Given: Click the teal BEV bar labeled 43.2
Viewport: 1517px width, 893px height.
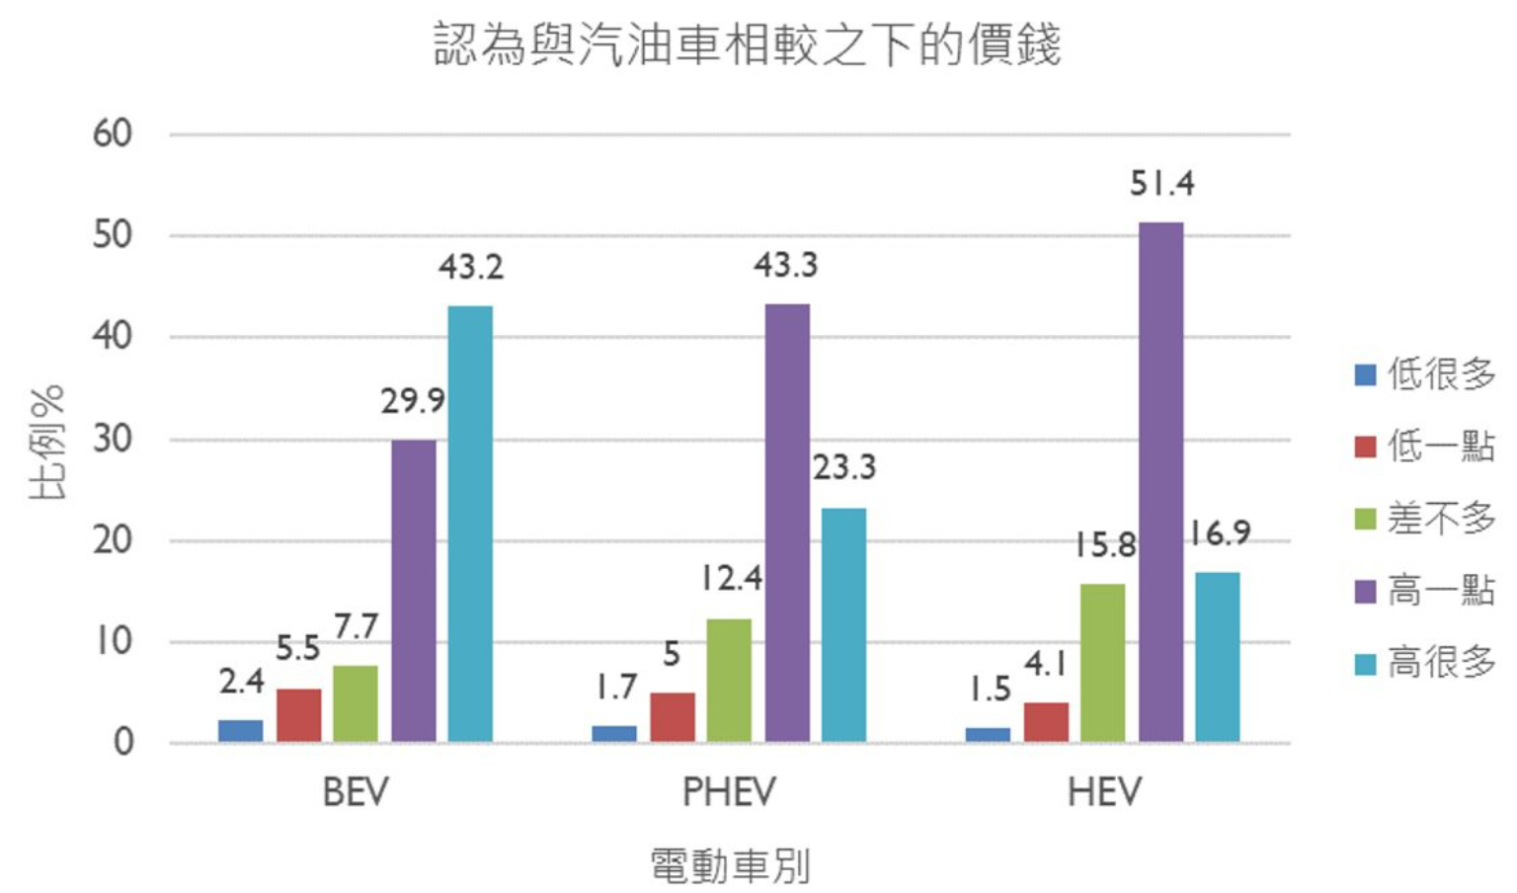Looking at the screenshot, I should tap(470, 524).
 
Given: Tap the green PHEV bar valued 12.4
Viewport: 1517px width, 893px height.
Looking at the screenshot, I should tap(729, 681).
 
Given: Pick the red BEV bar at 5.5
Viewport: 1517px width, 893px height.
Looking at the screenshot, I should tap(298, 715).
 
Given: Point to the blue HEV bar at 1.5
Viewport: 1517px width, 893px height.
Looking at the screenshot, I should tap(988, 735).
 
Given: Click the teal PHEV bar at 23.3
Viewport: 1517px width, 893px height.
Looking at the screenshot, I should tap(843, 624).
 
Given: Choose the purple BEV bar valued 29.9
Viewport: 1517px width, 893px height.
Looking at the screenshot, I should tap(413, 591).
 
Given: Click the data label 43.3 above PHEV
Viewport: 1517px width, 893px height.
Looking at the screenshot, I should tap(785, 265).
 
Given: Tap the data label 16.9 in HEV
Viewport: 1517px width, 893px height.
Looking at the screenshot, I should tap(1219, 533).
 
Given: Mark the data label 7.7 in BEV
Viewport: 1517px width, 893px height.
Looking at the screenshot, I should tap(356, 626).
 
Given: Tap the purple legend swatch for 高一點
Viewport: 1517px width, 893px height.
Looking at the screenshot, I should tap(1365, 591).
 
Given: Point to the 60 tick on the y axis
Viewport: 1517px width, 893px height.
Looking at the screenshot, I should tap(113, 133).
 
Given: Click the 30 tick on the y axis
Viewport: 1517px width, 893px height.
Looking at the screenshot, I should tap(113, 439).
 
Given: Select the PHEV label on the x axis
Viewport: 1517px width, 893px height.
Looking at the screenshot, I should tap(729, 792).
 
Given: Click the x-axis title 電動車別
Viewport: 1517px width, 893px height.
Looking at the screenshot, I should tap(730, 865).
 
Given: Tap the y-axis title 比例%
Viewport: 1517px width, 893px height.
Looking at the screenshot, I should tap(47, 441).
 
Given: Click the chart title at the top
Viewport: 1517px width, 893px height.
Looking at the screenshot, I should tap(748, 44).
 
